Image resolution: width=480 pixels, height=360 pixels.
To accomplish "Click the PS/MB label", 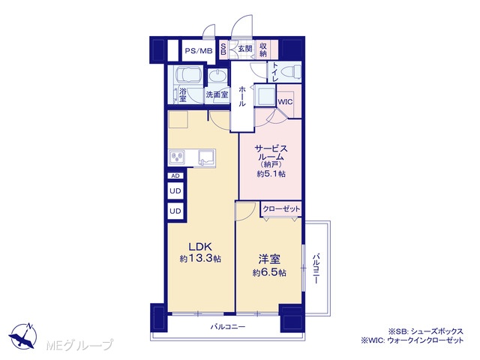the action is pos(199,51).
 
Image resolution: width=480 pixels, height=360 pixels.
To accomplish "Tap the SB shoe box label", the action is pos(223,49).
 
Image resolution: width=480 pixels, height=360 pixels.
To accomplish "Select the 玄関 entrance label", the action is pos(245,48).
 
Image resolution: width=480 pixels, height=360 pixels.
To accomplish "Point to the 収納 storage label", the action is pos(263,50).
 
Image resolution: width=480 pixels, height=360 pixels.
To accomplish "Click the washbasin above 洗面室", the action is pos(217,76).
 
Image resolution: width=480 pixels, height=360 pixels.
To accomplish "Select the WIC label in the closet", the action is pos(285,102).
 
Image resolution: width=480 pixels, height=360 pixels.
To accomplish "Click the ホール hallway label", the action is pos(241,96).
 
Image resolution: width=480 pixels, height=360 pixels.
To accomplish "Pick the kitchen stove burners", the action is pos(177,157).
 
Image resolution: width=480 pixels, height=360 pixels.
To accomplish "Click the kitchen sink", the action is pos(206,158).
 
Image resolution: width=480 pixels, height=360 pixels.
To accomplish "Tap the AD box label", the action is pos(175,175).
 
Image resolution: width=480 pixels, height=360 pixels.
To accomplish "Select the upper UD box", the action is pos(175,191).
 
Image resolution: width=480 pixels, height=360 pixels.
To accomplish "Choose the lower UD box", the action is pos(175,211).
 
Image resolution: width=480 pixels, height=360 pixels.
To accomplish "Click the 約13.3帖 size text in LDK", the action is pos(200,259).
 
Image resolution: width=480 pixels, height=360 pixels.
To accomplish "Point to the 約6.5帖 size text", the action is pos(269,272).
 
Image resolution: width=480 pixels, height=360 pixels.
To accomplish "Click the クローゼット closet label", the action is pos(281,208).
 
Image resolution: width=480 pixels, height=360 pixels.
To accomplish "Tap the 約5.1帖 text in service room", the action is pos(271,174).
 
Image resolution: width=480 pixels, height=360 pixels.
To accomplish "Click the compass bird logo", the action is pos(23,336).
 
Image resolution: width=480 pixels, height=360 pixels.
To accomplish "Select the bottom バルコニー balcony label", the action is pos(228,327).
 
